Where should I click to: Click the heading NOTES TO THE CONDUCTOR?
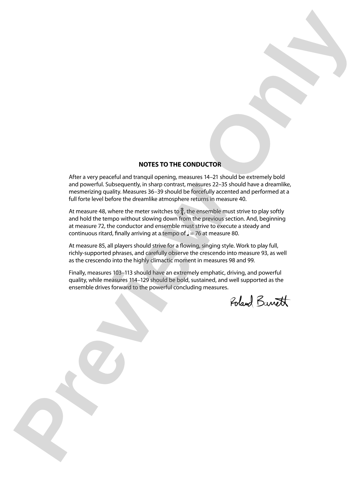coord(180,164)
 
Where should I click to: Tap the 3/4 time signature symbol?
coord(182,211)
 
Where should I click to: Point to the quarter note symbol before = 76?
coord(188,234)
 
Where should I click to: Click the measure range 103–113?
coord(123,273)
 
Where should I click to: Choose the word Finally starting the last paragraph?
coord(77,273)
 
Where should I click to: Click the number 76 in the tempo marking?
coord(198,233)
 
